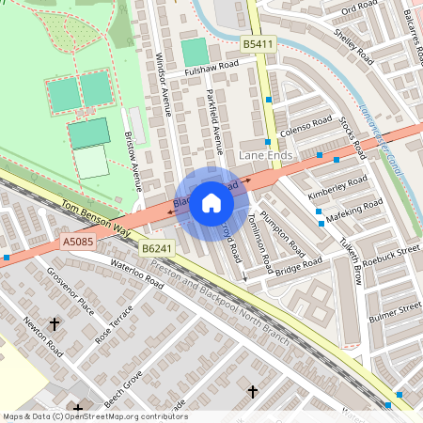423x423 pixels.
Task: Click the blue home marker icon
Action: pos(211,202)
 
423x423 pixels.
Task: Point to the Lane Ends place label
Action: pos(266,154)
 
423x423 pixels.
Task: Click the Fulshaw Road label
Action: pos(211,68)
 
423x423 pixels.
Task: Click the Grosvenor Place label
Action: pos(72,293)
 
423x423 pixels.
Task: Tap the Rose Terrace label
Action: pos(117,321)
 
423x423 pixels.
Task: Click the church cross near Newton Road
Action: pos(54,324)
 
